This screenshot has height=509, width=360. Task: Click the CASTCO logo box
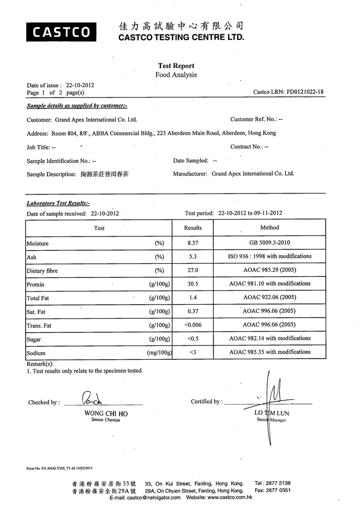[61, 32]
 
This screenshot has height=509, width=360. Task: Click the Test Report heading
[176, 66]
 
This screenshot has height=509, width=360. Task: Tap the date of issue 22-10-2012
[80, 86]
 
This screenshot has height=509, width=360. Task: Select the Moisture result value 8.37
[193, 242]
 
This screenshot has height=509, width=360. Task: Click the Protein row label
[35, 284]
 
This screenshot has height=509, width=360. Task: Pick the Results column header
[193, 228]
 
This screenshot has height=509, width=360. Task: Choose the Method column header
[269, 227]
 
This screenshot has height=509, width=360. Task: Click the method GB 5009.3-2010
[269, 242]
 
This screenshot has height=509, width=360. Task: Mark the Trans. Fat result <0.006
[194, 325]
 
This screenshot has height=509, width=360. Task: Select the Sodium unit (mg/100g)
[160, 353]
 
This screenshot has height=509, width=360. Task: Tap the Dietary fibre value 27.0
[193, 270]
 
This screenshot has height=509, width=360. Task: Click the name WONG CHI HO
[106, 414]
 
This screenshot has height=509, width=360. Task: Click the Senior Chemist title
[106, 420]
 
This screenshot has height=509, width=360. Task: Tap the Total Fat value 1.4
[193, 298]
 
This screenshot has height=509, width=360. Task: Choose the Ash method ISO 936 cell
[269, 256]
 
